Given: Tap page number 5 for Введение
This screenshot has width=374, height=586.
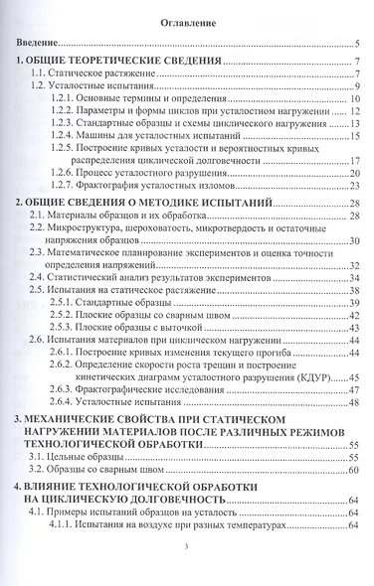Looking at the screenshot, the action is (356, 45).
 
